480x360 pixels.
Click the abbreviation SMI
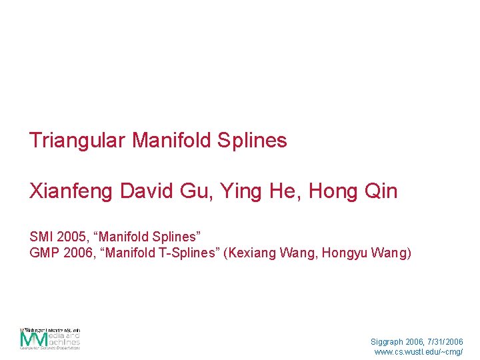(x=40, y=237)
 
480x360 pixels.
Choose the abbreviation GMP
(x=42, y=253)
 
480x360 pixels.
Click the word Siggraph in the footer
(x=388, y=342)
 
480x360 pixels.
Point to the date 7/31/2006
(x=445, y=342)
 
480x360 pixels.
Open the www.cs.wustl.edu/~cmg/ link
(x=419, y=352)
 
